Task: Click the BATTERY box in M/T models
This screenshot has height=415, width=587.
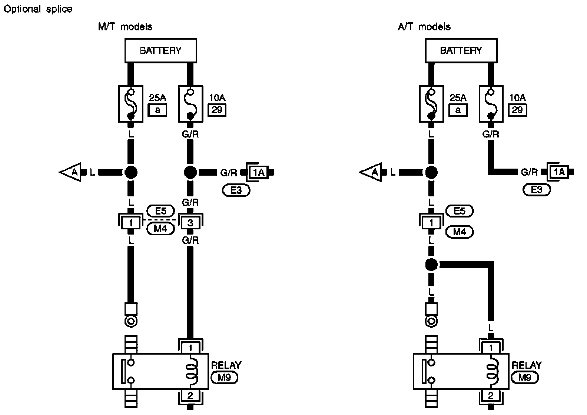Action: [160, 50]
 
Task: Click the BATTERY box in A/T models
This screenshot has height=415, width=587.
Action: [461, 50]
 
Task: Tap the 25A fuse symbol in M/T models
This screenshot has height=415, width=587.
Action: [131, 104]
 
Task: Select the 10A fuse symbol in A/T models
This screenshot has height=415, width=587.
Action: [491, 104]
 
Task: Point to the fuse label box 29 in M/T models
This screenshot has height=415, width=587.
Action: [217, 110]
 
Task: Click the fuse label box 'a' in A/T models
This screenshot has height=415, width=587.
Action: [458, 110]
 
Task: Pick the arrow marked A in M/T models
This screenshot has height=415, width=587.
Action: [71, 172]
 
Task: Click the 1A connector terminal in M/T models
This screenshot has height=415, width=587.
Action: [259, 172]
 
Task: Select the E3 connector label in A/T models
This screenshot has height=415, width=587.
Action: [537, 190]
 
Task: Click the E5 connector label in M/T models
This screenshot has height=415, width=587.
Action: [160, 211]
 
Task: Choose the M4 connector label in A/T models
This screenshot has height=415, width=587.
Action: [460, 232]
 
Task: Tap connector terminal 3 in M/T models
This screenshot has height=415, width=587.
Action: [190, 223]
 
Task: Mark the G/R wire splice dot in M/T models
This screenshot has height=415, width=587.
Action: [190, 172]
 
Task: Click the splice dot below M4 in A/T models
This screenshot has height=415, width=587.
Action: [431, 265]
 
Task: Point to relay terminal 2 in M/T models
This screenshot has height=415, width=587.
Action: [190, 396]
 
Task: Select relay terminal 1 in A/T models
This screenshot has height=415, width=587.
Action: [491, 348]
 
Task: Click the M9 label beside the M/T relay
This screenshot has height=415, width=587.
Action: [224, 378]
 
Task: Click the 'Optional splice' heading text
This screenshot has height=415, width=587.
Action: [37, 9]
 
